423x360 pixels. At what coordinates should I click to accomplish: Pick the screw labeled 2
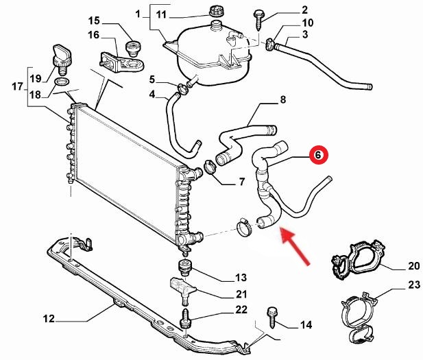point(260,16)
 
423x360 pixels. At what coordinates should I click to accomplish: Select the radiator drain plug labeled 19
point(62,56)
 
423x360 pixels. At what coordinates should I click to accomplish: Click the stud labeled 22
point(185,320)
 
